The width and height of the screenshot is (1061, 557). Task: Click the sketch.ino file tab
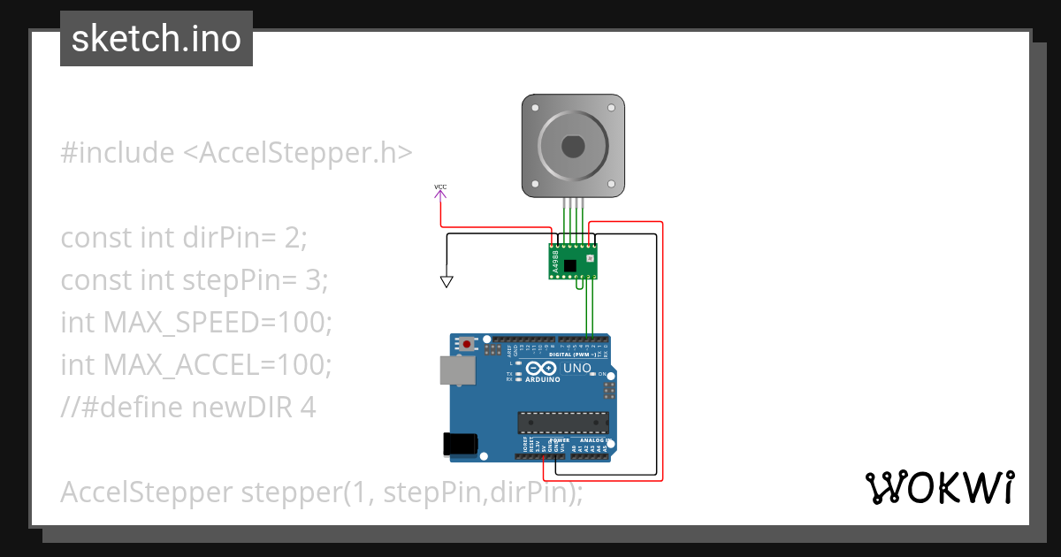click(156, 39)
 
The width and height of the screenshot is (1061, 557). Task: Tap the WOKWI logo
click(939, 487)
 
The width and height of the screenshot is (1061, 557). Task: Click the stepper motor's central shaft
click(573, 145)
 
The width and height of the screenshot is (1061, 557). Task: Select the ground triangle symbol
click(447, 282)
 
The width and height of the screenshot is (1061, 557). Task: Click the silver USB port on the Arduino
click(457, 370)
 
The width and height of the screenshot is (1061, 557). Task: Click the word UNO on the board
click(576, 368)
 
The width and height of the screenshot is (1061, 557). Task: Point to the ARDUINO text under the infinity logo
click(543, 378)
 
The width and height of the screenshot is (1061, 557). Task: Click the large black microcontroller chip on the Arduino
click(562, 423)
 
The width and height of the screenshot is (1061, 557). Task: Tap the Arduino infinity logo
click(542, 368)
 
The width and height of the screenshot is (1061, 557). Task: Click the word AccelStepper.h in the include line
click(297, 153)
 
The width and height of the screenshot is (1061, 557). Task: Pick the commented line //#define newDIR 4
click(188, 408)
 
